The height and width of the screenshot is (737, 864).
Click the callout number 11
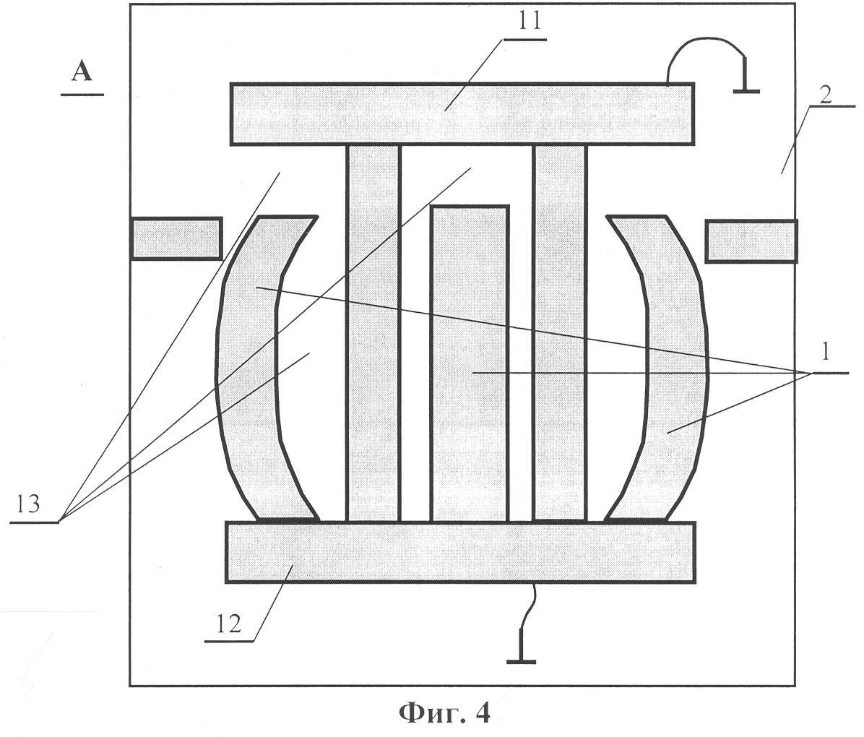click(x=529, y=22)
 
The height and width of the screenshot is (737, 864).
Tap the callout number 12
click(x=228, y=624)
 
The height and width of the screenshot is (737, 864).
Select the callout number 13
click(x=27, y=504)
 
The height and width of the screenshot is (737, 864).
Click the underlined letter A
click(x=82, y=71)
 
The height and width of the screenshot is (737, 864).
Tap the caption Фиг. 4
click(x=444, y=713)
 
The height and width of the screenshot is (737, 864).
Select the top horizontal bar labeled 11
click(x=462, y=114)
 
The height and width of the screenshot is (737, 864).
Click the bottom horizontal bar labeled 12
click(x=460, y=552)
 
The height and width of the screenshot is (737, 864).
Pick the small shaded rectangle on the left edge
click(x=176, y=238)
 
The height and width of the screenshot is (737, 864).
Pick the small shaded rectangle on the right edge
click(x=751, y=241)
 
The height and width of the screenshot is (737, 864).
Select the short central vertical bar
click(x=470, y=364)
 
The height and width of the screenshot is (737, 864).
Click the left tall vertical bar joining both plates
click(x=373, y=334)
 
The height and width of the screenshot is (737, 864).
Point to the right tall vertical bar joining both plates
click(x=560, y=334)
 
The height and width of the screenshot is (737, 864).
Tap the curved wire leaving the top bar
click(x=704, y=40)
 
